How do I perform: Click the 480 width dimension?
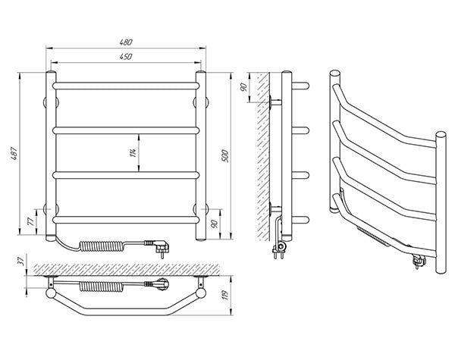coord(126,42)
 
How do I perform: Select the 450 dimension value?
coord(126,56)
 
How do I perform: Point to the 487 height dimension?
coord(14,154)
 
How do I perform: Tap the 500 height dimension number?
coord(225,156)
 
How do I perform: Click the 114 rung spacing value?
coord(133,152)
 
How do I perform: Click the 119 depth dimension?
coord(225,295)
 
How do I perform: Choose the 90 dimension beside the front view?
coord(214,224)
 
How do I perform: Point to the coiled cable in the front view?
coord(102,246)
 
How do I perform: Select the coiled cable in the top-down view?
coord(101,286)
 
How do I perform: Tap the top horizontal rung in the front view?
coord(126,86)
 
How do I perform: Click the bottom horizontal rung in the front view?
coord(126,220)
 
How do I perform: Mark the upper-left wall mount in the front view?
coord(51,102)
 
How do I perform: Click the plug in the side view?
coord(279,249)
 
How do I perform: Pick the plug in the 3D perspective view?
coord(419,260)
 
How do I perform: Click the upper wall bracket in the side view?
coord(275,102)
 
